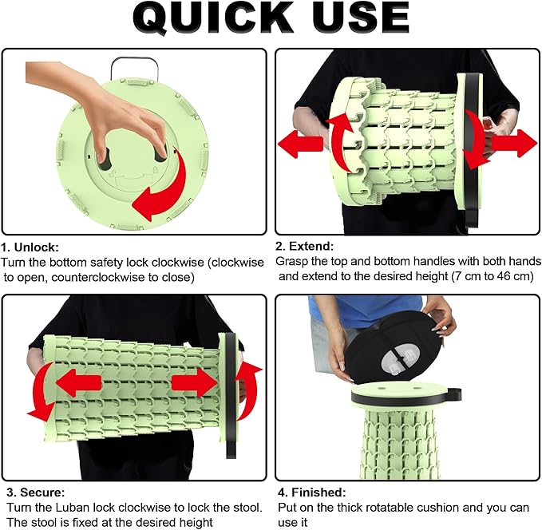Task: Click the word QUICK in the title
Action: [212, 18]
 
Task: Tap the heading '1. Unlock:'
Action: [30, 247]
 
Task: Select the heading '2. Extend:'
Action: [305, 246]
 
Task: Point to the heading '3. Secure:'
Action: [36, 492]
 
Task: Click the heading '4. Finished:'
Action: [312, 492]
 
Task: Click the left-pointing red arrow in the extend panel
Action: [300, 144]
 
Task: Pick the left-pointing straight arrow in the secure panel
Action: [78, 383]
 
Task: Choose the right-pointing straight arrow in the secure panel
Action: [194, 382]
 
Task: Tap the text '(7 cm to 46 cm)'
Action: [493, 276]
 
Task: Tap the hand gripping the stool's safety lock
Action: [104, 111]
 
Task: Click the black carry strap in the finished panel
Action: [452, 394]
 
